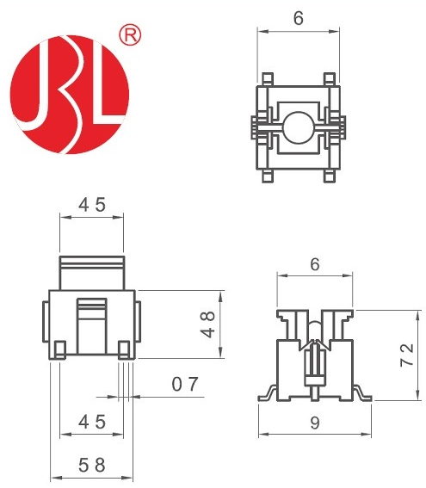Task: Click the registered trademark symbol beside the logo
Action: point(130,36)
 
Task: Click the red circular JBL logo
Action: point(70,95)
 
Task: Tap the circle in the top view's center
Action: point(298,127)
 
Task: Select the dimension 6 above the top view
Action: point(298,18)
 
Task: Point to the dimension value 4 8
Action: point(207,324)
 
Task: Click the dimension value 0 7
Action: point(185,384)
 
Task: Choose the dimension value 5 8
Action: point(92,466)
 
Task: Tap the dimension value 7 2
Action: point(407,355)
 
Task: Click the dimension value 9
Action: point(315,423)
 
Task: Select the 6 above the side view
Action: point(315,264)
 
